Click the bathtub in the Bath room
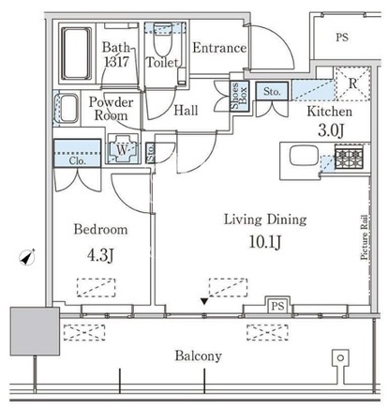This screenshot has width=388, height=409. (77, 53)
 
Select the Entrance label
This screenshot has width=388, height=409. (219, 48)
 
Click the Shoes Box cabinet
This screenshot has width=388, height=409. (240, 97)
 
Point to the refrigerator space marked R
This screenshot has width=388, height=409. (352, 83)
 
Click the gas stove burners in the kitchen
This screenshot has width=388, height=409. (349, 157)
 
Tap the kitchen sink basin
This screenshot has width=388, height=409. (304, 156)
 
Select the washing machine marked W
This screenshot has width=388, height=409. (123, 149)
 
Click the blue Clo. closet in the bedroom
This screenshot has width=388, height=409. (77, 153)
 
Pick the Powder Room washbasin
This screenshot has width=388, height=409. (68, 109)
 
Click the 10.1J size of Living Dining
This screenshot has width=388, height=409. (265, 242)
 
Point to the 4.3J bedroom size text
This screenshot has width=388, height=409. (100, 255)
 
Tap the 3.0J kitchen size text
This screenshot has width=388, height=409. (331, 130)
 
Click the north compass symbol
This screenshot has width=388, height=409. (27, 258)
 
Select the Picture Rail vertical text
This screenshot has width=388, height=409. (364, 237)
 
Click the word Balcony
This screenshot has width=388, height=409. (199, 356)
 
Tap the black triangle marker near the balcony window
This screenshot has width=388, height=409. (204, 301)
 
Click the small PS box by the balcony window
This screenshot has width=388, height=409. (277, 306)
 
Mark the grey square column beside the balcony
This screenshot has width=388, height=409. (35, 331)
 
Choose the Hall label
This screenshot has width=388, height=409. (186, 111)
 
